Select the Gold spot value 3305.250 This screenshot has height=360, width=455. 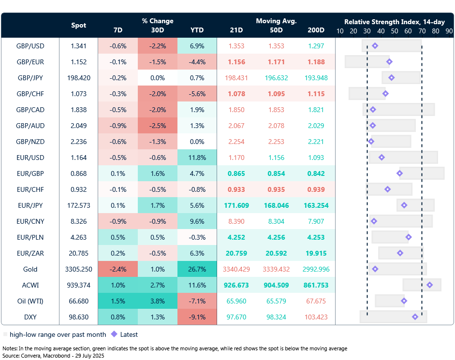pos(79,269)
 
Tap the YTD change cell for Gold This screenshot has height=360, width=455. pos(197,269)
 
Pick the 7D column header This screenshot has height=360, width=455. pos(117,30)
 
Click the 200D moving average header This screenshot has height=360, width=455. pos(317,30)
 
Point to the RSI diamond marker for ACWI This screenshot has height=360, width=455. pos(429,285)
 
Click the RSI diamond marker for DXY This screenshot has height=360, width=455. pos(415,317)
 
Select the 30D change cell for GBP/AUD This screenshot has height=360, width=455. pos(157,126)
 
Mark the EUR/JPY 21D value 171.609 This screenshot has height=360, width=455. pos(236,205)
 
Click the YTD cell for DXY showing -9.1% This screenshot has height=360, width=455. pos(197,317)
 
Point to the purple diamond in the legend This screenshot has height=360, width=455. pos(114,334)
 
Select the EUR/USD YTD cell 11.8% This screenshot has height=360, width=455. pos(197,158)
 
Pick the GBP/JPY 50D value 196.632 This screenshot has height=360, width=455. pos(277,78)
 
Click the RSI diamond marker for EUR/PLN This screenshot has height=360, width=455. pos(409,237)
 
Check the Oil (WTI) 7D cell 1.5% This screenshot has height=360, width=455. pos(117,301)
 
